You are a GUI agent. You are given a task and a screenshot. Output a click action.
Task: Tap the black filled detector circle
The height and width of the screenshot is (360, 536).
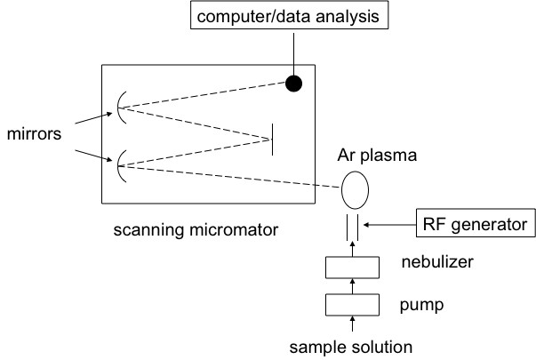[292, 84]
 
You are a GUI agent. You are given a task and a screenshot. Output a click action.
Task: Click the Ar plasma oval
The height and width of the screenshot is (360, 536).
[355, 189]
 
